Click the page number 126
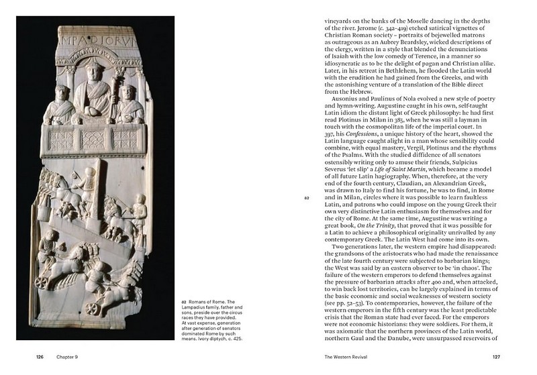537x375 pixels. (40, 358)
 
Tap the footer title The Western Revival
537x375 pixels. (346, 358)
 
